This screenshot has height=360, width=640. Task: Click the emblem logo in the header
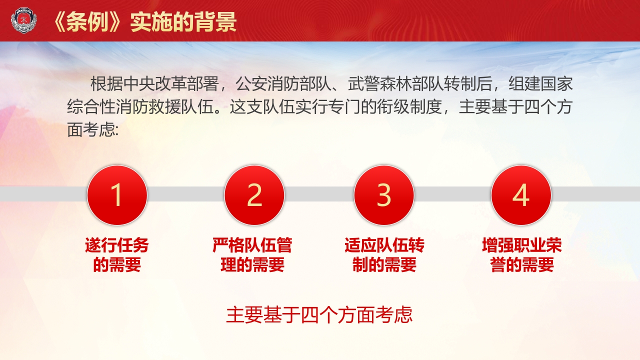coord(23,21)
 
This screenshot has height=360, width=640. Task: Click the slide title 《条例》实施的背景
coord(144,21)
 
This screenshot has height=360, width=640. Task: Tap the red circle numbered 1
coord(117,195)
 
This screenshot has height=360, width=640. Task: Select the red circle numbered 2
coord(254,195)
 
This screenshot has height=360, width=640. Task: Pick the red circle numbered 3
coord(383,195)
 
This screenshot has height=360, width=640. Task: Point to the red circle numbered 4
coord(521,195)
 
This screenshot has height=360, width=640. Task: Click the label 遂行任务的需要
coord(117,255)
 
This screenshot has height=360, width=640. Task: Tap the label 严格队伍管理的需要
coord(252,255)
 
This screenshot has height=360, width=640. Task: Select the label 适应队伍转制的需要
coord(384,255)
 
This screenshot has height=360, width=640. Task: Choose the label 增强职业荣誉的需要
coord(522,255)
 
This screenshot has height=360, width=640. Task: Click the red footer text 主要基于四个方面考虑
coord(319,315)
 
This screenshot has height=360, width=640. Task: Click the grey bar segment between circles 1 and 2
coord(185,194)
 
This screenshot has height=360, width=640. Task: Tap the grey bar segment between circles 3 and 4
coord(452,194)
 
